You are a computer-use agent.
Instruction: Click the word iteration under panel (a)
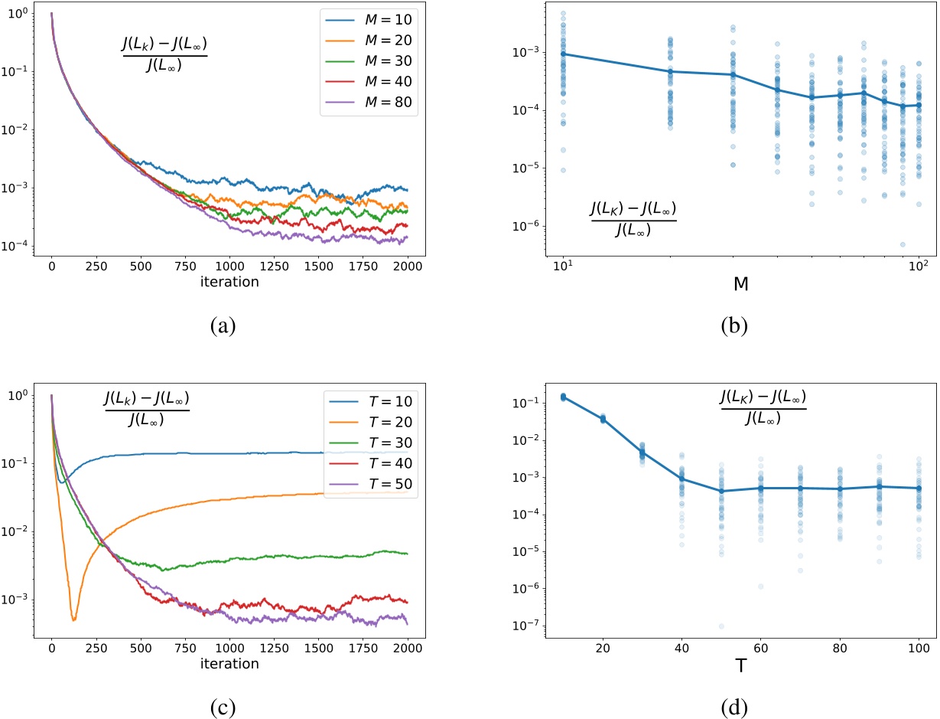(x=229, y=282)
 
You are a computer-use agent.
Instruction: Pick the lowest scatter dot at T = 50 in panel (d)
(x=720, y=626)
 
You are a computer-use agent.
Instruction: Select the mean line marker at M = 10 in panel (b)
(x=563, y=54)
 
